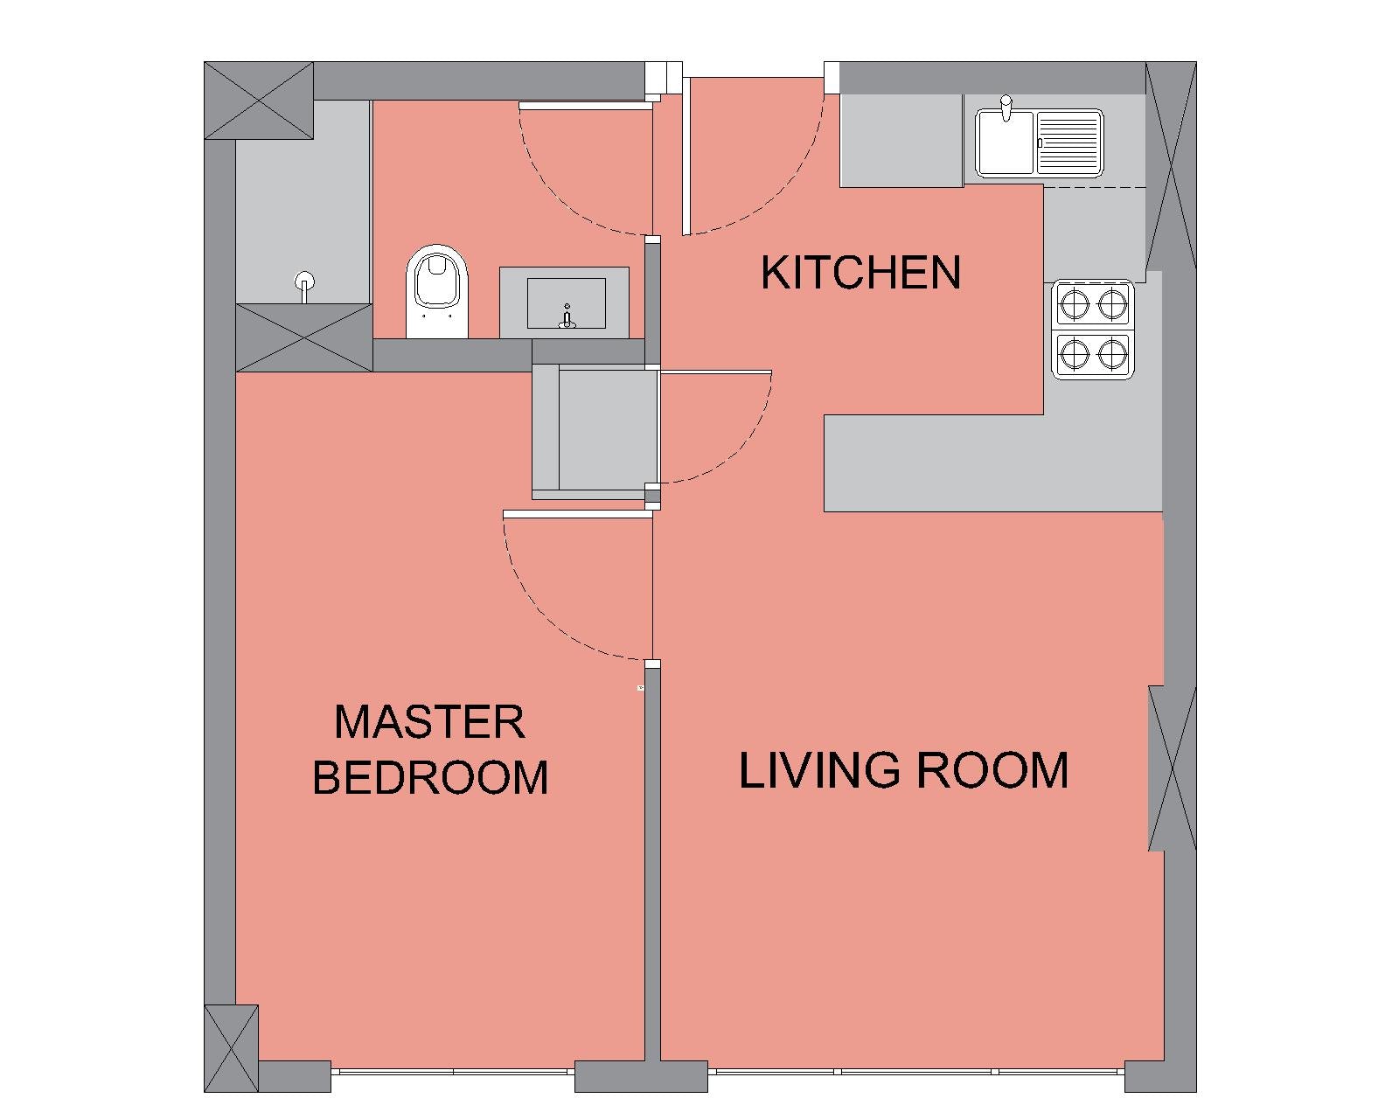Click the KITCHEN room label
click(x=860, y=273)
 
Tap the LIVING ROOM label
click(x=903, y=770)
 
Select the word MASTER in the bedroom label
click(x=429, y=722)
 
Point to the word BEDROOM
click(x=430, y=777)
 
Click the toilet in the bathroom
click(x=437, y=290)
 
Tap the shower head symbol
click(x=303, y=285)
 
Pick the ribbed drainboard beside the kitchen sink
click(x=1068, y=143)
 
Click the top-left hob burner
click(x=1074, y=303)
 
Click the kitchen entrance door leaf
click(x=686, y=156)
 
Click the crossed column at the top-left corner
click(x=259, y=101)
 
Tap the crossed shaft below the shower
click(x=303, y=337)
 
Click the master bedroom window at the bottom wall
click(x=453, y=1071)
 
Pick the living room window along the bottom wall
click(x=916, y=1071)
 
